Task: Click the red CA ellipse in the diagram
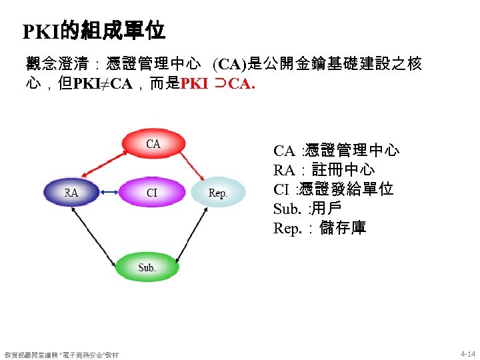click(x=153, y=143)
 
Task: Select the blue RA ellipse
click(x=71, y=193)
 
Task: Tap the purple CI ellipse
click(x=152, y=193)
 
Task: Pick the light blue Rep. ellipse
click(x=218, y=193)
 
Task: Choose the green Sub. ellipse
click(x=147, y=267)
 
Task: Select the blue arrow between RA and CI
click(x=109, y=193)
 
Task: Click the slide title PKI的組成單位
click(x=93, y=31)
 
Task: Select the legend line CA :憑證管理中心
click(x=336, y=151)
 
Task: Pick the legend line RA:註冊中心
click(x=324, y=170)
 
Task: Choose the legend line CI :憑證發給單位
click(x=333, y=189)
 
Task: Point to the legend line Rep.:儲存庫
click(x=319, y=228)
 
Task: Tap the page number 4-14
click(x=467, y=353)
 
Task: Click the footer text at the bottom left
click(x=61, y=355)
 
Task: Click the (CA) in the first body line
click(x=229, y=65)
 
